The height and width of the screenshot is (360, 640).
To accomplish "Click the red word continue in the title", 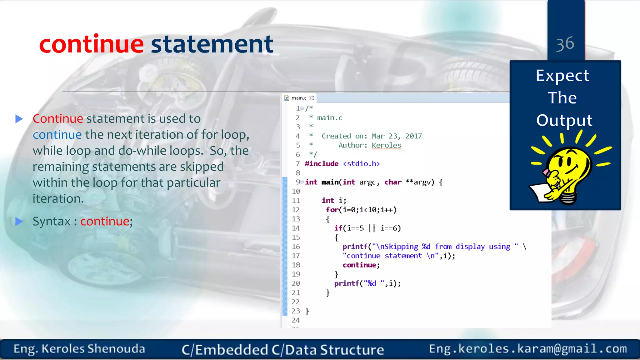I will (91, 44).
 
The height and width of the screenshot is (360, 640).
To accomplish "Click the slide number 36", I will (565, 44).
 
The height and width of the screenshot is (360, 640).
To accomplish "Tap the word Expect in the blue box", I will (562, 76).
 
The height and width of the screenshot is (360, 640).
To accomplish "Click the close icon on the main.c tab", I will (312, 98).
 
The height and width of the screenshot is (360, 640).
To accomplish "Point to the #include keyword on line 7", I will (322, 164).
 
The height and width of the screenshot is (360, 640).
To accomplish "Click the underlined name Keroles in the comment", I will (386, 145).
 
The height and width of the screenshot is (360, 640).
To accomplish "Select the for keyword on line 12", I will (332, 210).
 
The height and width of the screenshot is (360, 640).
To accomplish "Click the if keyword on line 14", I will (338, 228).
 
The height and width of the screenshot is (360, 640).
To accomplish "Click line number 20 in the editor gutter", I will (296, 283).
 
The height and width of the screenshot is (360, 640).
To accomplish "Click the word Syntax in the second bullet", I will (52, 222).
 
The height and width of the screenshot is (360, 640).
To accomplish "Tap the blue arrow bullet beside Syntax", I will (19, 222).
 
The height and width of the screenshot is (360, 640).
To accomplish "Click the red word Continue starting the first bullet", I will (58, 119).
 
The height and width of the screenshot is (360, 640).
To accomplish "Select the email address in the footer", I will (528, 348).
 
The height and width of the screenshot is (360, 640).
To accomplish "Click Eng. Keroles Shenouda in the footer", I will (79, 349).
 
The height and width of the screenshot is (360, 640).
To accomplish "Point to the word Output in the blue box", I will (564, 121).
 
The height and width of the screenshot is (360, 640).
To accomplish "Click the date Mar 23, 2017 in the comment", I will (397, 136).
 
